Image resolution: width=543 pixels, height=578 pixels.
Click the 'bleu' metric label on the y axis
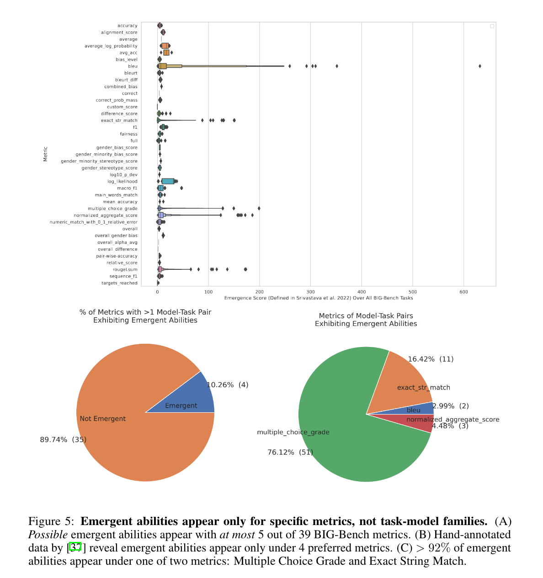[x=133, y=66]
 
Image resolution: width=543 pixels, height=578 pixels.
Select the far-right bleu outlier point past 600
[x=480, y=66]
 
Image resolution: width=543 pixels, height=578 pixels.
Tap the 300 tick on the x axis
[x=310, y=292]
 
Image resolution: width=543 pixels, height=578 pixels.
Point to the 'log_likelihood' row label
[x=122, y=181]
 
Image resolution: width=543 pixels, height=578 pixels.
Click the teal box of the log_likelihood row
[x=168, y=181]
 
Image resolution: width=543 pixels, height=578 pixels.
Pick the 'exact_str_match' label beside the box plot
[x=119, y=121]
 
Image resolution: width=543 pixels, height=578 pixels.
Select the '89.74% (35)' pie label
[x=63, y=440]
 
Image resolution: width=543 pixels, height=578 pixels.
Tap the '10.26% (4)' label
[x=227, y=385]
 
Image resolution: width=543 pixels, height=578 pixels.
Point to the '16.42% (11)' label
[x=431, y=359]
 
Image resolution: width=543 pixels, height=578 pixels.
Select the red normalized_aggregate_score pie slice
[x=414, y=422]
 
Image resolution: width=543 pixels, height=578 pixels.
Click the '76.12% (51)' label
[x=290, y=452]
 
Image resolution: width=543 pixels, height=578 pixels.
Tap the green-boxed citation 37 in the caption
[x=75, y=547]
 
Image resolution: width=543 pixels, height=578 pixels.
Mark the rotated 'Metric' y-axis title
[x=45, y=154]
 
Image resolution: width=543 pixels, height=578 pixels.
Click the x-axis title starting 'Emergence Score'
[x=318, y=298]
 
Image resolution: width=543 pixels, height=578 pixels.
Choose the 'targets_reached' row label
[x=119, y=283]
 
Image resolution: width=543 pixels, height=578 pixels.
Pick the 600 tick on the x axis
[x=463, y=292]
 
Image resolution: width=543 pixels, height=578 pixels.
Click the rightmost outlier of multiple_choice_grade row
[x=259, y=208]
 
